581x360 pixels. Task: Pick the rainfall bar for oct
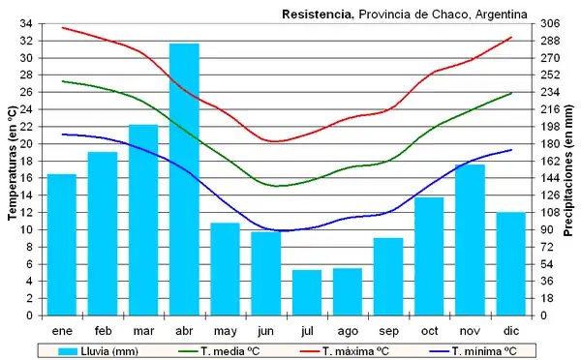pos(429,255)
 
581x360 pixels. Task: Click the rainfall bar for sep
pos(388,276)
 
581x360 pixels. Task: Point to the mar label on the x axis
pos(143,330)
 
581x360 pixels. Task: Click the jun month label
pos(266,330)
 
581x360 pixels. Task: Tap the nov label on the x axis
pos(470,330)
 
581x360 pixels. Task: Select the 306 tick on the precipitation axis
pos(549,23)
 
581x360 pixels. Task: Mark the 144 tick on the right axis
pos(549,178)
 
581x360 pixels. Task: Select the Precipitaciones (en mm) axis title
pos(568,169)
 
